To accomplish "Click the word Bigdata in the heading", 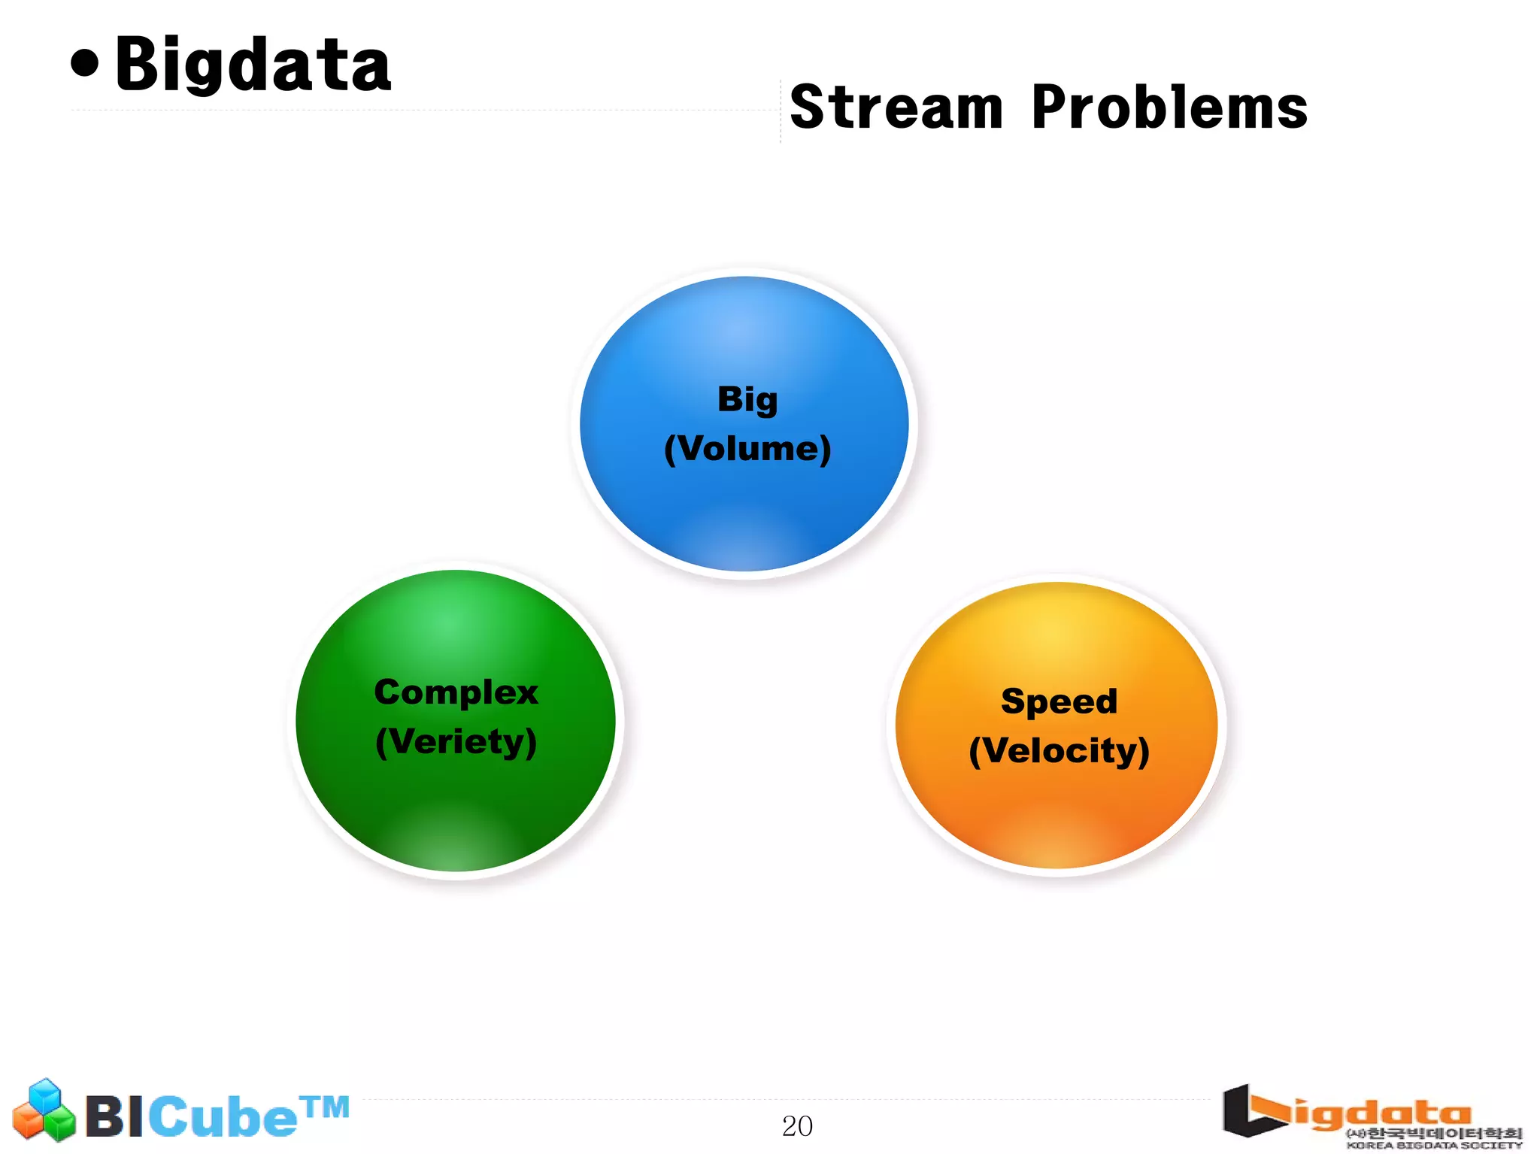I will click(x=253, y=66).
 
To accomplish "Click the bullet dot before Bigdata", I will click(x=85, y=63).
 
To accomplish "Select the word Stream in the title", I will click(x=896, y=108).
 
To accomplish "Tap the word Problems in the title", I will click(x=1169, y=108).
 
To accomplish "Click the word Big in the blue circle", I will click(x=747, y=399).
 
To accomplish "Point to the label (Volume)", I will click(x=747, y=449).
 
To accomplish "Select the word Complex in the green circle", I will click(x=456, y=692).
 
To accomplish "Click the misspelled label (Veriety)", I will click(x=456, y=742).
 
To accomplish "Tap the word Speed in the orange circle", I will click(x=1059, y=701).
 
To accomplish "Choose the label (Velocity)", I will click(x=1059, y=751).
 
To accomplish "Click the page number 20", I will click(x=797, y=1126).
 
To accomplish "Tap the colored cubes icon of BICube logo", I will click(x=44, y=1110).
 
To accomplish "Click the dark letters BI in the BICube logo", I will click(x=114, y=1117).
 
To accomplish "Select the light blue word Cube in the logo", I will click(x=223, y=1117).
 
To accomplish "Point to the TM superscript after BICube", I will click(x=325, y=1107).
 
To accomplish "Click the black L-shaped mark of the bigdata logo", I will click(x=1248, y=1111).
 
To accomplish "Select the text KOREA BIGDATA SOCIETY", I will click(x=1433, y=1146).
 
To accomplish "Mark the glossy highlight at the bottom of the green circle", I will click(x=456, y=842).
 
